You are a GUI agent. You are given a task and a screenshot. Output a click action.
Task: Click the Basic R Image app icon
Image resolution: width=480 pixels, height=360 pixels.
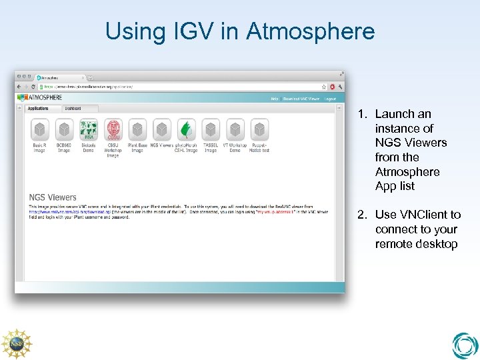pos(39,129)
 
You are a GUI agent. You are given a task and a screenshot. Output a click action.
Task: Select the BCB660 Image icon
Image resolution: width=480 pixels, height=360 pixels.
pos(64,129)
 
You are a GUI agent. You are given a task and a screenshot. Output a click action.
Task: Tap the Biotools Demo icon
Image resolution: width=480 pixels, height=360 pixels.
pos(88,129)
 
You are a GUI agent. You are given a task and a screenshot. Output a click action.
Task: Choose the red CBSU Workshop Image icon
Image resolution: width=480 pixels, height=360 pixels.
pos(113,129)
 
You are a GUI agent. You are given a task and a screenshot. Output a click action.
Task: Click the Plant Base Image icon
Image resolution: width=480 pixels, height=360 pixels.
pos(137,129)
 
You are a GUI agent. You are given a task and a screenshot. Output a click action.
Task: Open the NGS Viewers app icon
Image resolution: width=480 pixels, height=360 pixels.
pos(161,129)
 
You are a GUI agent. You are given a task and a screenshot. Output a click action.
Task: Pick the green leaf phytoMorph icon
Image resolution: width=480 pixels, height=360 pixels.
pos(186,129)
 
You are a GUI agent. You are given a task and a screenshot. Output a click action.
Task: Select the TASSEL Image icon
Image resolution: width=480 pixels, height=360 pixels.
pos(211,129)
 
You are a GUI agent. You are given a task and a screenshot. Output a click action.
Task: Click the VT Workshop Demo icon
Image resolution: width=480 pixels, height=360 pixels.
pos(235,129)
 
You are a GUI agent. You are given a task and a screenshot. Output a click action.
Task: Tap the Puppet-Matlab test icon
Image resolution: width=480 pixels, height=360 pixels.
pos(259,129)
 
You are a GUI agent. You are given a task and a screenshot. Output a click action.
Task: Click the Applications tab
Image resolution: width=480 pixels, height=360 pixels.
pos(38,108)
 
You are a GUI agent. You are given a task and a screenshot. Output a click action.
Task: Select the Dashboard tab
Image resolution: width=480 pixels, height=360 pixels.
pos(73,108)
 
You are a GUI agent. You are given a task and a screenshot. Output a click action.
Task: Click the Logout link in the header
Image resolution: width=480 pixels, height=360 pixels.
pos(331,99)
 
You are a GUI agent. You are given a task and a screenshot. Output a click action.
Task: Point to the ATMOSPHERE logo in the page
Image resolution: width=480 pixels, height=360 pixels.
pos(44,97)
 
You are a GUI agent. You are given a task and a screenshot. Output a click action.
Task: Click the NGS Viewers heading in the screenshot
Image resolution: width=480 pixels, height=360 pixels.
pos(53,197)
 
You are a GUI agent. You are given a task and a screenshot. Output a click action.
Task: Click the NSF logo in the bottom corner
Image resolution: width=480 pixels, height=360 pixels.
pos(16,344)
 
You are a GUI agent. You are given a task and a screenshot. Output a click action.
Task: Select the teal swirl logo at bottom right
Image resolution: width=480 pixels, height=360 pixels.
pos(465,345)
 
